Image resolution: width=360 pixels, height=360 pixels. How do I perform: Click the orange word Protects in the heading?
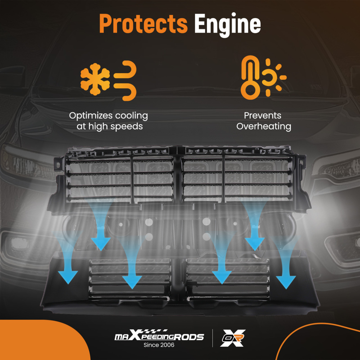tap(143, 24)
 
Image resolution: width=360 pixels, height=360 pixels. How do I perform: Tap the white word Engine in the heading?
tap(227, 24)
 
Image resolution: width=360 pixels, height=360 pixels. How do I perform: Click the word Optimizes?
tap(91, 116)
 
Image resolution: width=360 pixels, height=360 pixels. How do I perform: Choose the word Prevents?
tap(262, 116)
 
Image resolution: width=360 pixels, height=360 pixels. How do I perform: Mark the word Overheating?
tap(264, 127)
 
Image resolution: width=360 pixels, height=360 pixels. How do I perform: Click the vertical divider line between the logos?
tap(212, 338)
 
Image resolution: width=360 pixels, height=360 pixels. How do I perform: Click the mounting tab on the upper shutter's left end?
tap(57, 164)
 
